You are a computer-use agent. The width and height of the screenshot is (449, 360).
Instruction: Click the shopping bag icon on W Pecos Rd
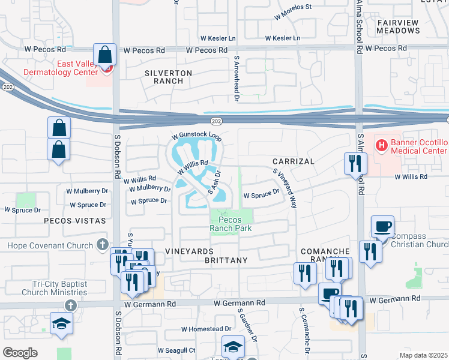pyautogui.click(x=105, y=55)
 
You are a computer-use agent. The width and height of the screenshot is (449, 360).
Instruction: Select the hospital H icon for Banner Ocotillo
pyautogui.click(x=381, y=145)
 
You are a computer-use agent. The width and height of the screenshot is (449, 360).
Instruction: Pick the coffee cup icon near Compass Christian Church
pyautogui.click(x=382, y=227)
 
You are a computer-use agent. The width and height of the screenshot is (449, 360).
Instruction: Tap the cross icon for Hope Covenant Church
pyautogui.click(x=102, y=245)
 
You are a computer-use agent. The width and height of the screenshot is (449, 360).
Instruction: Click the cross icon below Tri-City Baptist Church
pyautogui.click(x=70, y=305)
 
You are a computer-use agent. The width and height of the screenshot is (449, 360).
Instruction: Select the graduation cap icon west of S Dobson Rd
pyautogui.click(x=61, y=324)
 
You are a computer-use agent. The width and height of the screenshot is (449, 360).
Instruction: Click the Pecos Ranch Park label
pyautogui.click(x=231, y=224)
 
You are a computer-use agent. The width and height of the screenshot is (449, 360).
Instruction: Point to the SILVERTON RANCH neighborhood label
pyautogui.click(x=168, y=77)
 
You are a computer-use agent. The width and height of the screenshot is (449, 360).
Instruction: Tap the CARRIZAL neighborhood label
pyautogui.click(x=293, y=162)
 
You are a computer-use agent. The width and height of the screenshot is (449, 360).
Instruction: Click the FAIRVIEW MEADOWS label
pyautogui.click(x=397, y=26)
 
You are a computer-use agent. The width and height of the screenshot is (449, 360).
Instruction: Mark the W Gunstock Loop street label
pyautogui.click(x=196, y=137)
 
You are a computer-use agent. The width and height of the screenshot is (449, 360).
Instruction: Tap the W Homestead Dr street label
pyautogui.click(x=206, y=329)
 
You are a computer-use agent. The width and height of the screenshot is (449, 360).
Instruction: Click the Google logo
pyautogui.click(x=20, y=353)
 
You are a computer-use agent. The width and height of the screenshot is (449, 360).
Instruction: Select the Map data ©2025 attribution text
pyautogui.click(x=423, y=355)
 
